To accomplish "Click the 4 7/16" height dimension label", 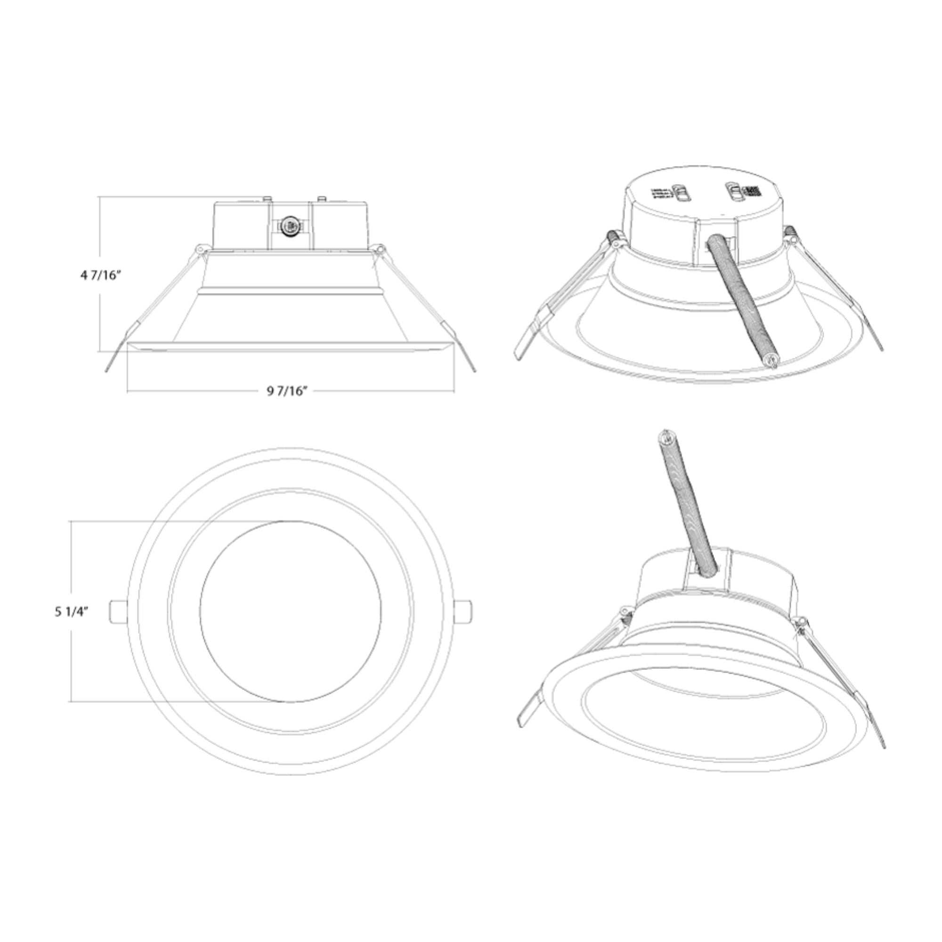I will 100,275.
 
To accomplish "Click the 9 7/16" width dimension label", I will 288,391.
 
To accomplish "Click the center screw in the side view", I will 290,226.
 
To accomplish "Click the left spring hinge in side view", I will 199,249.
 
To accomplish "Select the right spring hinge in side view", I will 380,249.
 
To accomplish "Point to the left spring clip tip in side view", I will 108,369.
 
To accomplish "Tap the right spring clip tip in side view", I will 472,369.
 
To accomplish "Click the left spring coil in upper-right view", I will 613,239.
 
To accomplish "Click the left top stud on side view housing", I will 267,198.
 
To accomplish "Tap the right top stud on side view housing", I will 320,198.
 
